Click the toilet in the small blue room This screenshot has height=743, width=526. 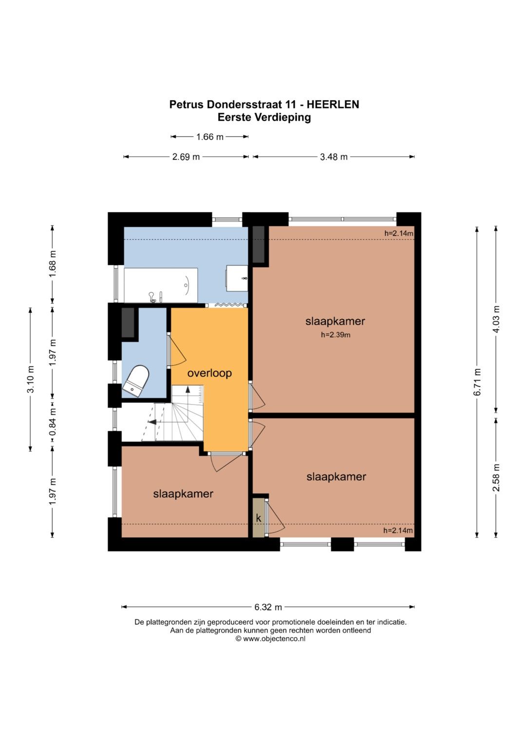pos(136,381)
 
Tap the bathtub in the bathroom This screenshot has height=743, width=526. pos(161,285)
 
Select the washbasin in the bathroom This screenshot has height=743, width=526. pos(237,278)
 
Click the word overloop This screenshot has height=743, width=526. pos(209,373)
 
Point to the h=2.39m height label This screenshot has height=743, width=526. pos(336,335)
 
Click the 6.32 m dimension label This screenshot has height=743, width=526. pos(268,607)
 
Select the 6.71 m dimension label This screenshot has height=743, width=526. pos(477,382)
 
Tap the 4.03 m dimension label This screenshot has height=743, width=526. pos(496,319)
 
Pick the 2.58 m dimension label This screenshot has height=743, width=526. pos(496,477)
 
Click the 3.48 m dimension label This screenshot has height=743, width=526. pos(334,157)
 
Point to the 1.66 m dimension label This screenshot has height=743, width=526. pos(210,137)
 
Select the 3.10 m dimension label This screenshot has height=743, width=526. pos(31,379)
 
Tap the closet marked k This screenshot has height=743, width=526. pos(258,517)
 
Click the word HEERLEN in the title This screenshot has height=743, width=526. pos(333,105)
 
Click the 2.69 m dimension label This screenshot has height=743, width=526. pos(186,157)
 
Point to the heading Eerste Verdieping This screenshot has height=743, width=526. pos(264,117)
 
